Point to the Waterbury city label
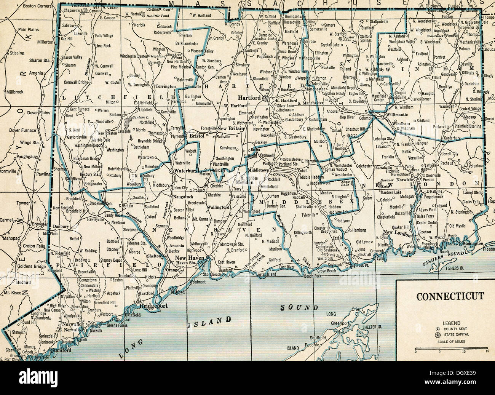(186, 171)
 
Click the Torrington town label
(165, 86)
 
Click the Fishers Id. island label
(454, 268)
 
